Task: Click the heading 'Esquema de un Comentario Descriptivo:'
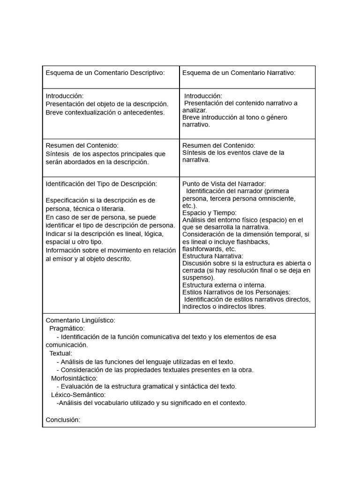coord(105,73)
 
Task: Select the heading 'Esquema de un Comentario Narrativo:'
coord(239,73)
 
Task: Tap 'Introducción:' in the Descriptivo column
coord(64,96)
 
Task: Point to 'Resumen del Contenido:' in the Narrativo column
coord(218,145)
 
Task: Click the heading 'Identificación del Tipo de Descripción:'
coord(101,183)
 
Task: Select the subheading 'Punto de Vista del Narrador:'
coord(224,184)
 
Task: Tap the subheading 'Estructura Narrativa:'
coord(212,256)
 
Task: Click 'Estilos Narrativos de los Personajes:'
coord(236,292)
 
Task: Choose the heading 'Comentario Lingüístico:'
coord(80,320)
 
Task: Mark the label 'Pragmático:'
coord(67,329)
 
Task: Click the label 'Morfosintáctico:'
coord(75,378)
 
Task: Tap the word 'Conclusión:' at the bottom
coord(63,420)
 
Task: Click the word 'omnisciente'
coord(278,198)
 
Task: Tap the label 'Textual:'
coord(61,353)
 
